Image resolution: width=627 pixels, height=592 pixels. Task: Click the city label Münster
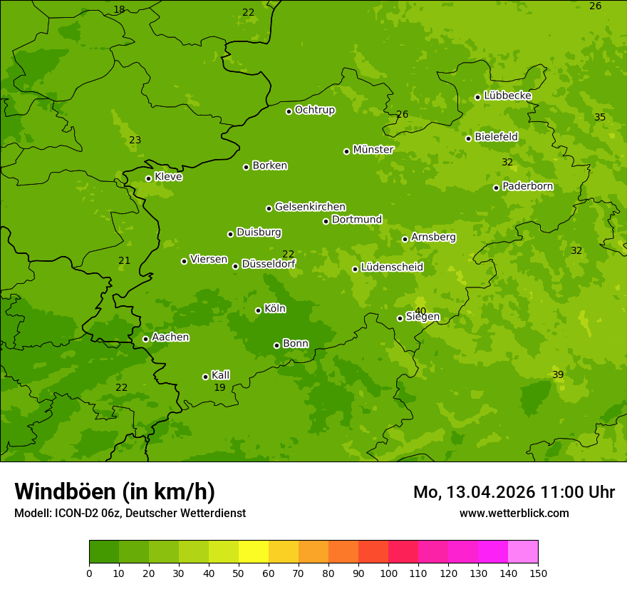pos(373,150)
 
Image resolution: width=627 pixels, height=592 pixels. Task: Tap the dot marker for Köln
pos(258,310)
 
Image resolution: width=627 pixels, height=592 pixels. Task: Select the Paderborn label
pos(527,186)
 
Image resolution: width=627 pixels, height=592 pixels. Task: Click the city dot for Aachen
pos(145,339)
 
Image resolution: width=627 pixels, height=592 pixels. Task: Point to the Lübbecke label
pos(507,96)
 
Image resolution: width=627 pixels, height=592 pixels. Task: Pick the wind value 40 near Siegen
pos(420,311)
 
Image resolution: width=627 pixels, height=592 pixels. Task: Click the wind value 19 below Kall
pos(219,388)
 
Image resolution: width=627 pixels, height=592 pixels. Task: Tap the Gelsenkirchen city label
pos(310,207)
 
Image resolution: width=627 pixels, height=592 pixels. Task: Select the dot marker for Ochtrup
pos(289,111)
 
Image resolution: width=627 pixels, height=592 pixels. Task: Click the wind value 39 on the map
pos(558,375)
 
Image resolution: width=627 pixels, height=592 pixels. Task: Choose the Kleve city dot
pos(148,178)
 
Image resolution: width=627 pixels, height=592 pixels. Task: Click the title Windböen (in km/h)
pos(115,491)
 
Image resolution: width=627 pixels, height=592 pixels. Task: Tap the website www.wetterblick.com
pos(514,513)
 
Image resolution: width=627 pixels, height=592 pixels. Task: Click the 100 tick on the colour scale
pos(388,573)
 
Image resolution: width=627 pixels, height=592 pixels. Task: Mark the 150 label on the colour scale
pos(538,573)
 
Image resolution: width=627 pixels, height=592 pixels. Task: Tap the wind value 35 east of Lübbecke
pos(600,117)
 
